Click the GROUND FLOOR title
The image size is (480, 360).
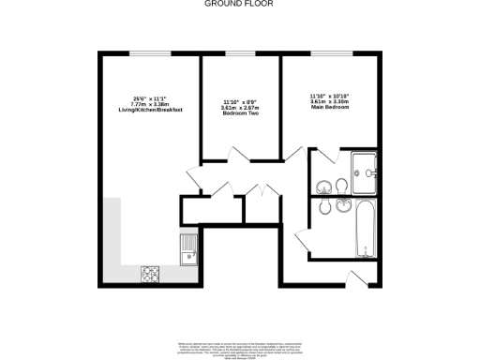pyautogui.click(x=239, y=4)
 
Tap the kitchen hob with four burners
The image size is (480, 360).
pyautogui.click(x=150, y=275)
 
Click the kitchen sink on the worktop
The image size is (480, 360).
pyautogui.click(x=187, y=249)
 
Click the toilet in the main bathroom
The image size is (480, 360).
pyautogui.click(x=323, y=207)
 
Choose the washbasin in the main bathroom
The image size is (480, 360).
pyautogui.click(x=340, y=204)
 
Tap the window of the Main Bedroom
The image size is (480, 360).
pyautogui.click(x=330, y=53)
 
